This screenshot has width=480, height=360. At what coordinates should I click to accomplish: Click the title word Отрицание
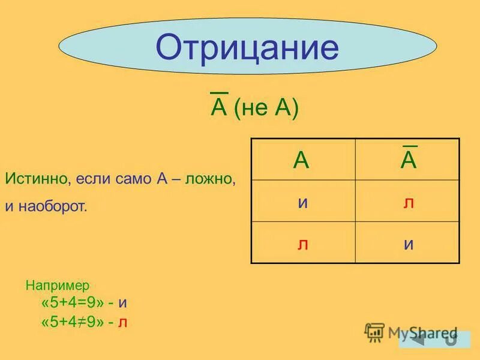[x=247, y=48]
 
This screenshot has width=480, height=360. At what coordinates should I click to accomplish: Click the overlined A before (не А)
[x=218, y=108]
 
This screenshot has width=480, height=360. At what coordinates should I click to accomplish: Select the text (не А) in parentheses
[x=266, y=109]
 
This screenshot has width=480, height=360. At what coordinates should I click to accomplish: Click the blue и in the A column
[x=303, y=202]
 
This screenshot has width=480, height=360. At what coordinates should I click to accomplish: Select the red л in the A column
[x=303, y=244]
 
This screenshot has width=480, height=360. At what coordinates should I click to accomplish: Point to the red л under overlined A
[x=409, y=202]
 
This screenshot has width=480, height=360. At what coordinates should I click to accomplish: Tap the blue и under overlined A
[x=409, y=244]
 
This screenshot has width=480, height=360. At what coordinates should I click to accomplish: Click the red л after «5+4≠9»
[x=122, y=323]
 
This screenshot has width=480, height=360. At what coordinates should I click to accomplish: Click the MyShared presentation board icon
[x=375, y=332]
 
